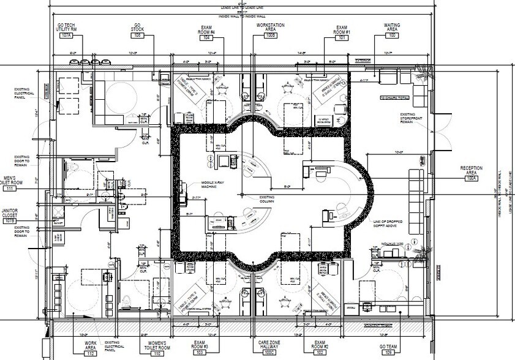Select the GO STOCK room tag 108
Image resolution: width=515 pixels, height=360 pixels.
point(138,36)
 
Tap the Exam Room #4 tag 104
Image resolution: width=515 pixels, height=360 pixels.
point(207,38)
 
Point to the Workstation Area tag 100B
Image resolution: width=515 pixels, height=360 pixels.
point(271,38)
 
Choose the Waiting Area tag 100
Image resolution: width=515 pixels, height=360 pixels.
point(392,36)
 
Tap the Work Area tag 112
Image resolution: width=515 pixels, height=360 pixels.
point(91,353)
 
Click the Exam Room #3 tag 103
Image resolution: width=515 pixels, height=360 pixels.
point(199,353)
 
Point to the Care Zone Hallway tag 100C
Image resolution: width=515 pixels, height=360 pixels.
point(269,353)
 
